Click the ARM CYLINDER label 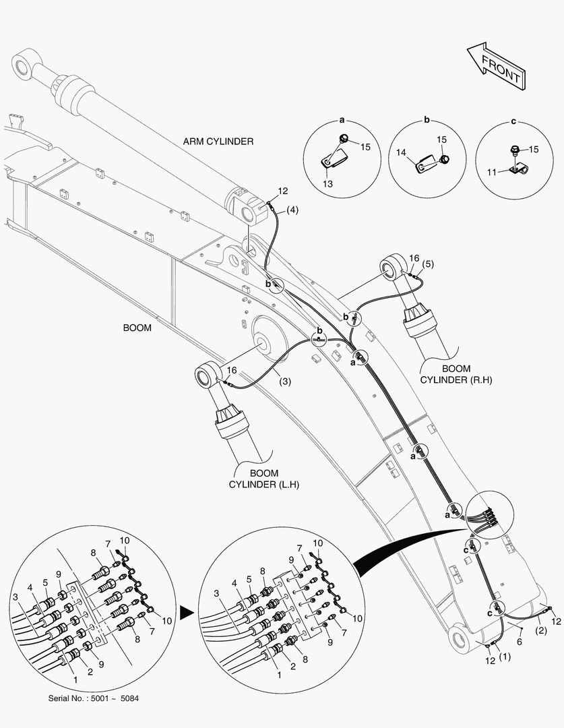(x=218, y=142)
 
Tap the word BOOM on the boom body (x=137, y=328)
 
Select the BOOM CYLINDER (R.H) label (x=457, y=375)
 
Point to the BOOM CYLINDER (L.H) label (x=263, y=479)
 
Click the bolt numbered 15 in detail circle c (x=514, y=149)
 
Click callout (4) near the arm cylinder (x=292, y=210)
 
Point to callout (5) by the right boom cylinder (x=429, y=264)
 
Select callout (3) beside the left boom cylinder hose (x=285, y=382)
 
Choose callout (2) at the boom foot (x=540, y=632)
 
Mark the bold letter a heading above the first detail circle (x=342, y=121)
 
